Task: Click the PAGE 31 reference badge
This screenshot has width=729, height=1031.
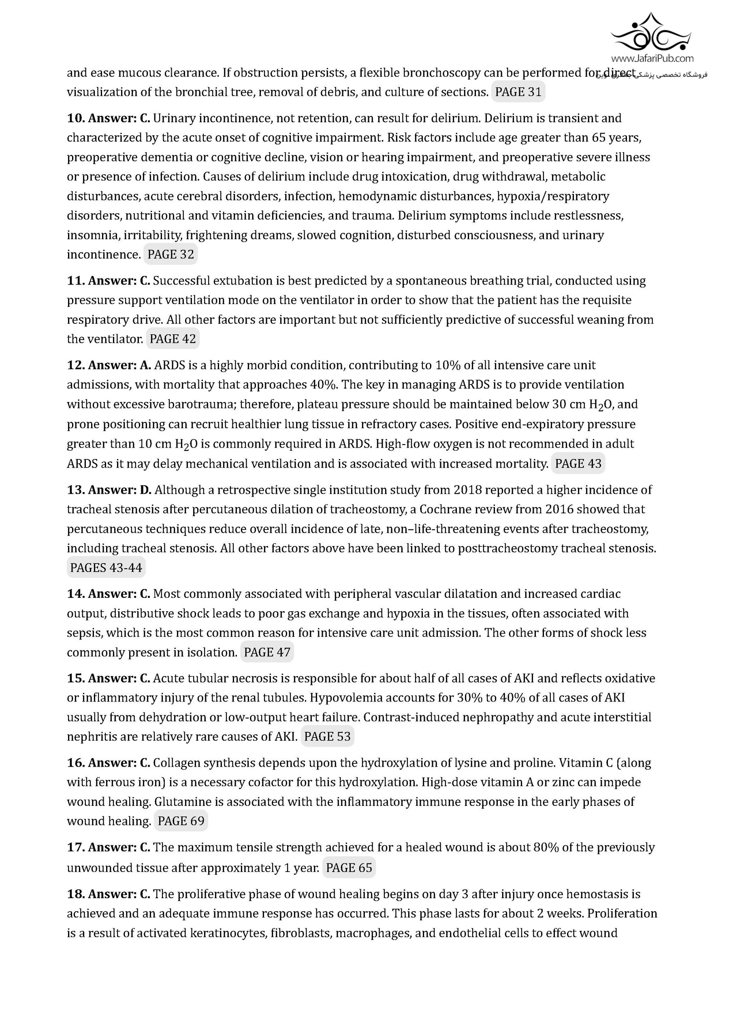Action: click(518, 92)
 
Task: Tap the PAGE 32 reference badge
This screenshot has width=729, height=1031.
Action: click(171, 255)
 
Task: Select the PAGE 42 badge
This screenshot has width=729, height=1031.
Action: click(173, 339)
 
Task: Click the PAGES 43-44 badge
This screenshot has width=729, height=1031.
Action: click(106, 568)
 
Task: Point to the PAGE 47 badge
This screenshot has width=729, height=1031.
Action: click(267, 653)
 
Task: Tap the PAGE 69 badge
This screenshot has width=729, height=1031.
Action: click(181, 821)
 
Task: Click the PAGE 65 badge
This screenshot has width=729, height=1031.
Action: click(349, 868)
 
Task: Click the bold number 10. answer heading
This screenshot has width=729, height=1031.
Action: click(108, 118)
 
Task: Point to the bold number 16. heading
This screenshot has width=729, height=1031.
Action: click(108, 763)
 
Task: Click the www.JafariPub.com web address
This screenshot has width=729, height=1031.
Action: click(652, 58)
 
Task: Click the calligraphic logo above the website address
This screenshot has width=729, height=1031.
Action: click(652, 32)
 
